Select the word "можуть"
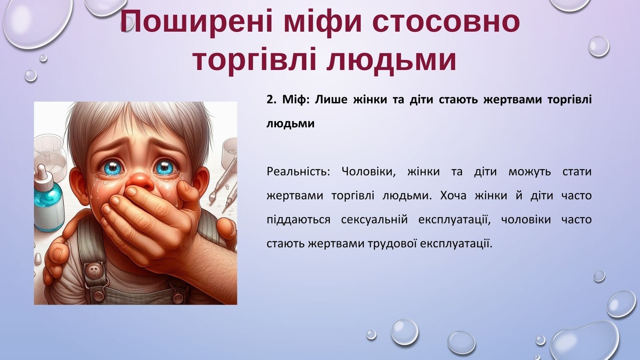530,172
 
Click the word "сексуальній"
374,220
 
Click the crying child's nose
140,181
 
